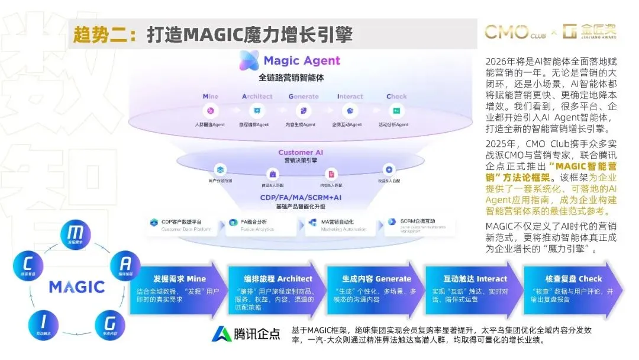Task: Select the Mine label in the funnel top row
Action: click(211, 97)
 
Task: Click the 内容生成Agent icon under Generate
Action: click(302, 111)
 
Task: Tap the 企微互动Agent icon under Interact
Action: click(350, 111)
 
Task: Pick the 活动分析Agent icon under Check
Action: click(396, 111)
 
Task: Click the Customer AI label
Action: click(304, 153)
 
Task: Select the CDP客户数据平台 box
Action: click(182, 226)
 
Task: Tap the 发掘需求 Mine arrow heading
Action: click(179, 278)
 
